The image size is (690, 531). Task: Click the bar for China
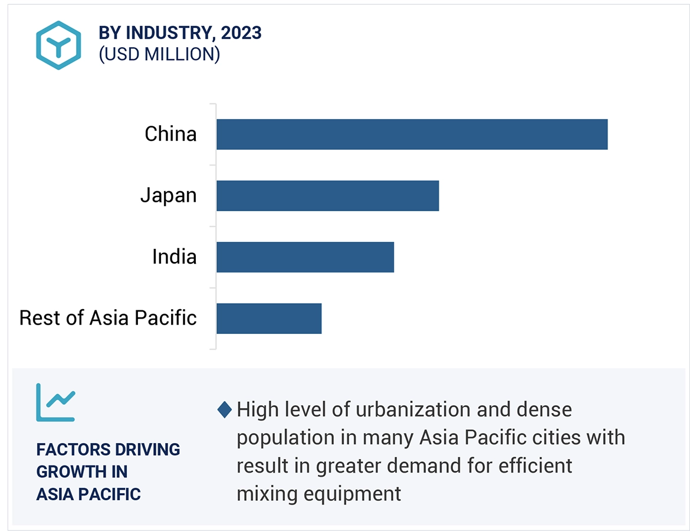[x=412, y=135]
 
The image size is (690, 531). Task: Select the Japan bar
[x=327, y=196]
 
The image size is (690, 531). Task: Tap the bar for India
[x=305, y=257]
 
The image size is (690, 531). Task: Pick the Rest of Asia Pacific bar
[x=269, y=319]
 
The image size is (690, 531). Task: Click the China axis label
[x=170, y=135]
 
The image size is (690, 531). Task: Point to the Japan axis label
[x=168, y=196]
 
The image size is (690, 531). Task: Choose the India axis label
[x=174, y=257]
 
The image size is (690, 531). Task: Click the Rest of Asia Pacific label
[x=108, y=318]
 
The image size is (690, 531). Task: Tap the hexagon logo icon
[x=58, y=45]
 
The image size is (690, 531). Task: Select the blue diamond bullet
[x=224, y=409]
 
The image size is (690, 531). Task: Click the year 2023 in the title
[x=241, y=34]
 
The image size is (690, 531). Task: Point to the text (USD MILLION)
[x=159, y=54]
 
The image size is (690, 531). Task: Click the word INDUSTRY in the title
[x=167, y=34]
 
